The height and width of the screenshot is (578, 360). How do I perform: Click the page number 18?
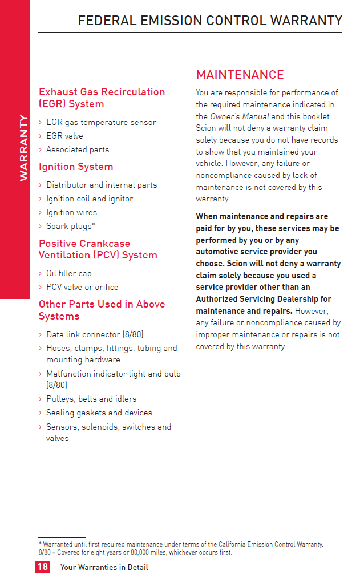(x=42, y=567)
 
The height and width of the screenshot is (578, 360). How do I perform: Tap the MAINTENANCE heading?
(x=240, y=75)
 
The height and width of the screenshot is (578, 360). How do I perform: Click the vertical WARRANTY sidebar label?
(x=23, y=148)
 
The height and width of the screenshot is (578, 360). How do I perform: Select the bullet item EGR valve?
(x=64, y=136)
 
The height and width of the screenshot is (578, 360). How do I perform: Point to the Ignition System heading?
(x=76, y=167)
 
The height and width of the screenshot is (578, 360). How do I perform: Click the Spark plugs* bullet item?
(x=71, y=226)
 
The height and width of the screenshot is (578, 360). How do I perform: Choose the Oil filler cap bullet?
(x=69, y=273)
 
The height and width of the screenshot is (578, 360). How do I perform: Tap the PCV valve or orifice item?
(x=82, y=287)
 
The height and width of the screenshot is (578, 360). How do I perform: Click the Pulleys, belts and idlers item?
(x=91, y=399)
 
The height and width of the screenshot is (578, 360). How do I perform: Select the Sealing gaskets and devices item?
(x=99, y=413)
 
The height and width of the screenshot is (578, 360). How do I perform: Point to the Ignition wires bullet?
(x=72, y=212)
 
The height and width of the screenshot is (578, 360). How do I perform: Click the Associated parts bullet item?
(x=78, y=149)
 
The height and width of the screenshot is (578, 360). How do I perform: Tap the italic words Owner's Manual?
(x=239, y=116)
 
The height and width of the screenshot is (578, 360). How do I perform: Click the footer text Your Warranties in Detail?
(x=104, y=567)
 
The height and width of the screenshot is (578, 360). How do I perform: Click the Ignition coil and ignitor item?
(x=90, y=199)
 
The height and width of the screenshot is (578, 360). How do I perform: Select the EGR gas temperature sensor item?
(x=101, y=122)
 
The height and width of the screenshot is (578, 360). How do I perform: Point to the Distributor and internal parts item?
(x=102, y=185)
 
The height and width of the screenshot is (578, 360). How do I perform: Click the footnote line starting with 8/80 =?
(x=135, y=552)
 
